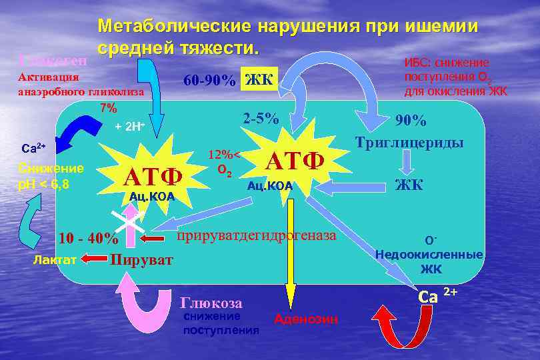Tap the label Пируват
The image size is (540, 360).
point(141,259)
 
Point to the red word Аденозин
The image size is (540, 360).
point(305,320)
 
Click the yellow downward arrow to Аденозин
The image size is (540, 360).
point(290,253)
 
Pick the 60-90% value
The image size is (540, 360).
point(209,81)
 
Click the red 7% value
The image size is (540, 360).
point(108,107)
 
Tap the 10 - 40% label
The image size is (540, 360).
point(89,238)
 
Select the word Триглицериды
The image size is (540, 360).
point(409,143)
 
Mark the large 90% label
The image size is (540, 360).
point(411,121)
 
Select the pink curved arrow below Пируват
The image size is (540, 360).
point(139,303)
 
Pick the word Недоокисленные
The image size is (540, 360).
point(429,254)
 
